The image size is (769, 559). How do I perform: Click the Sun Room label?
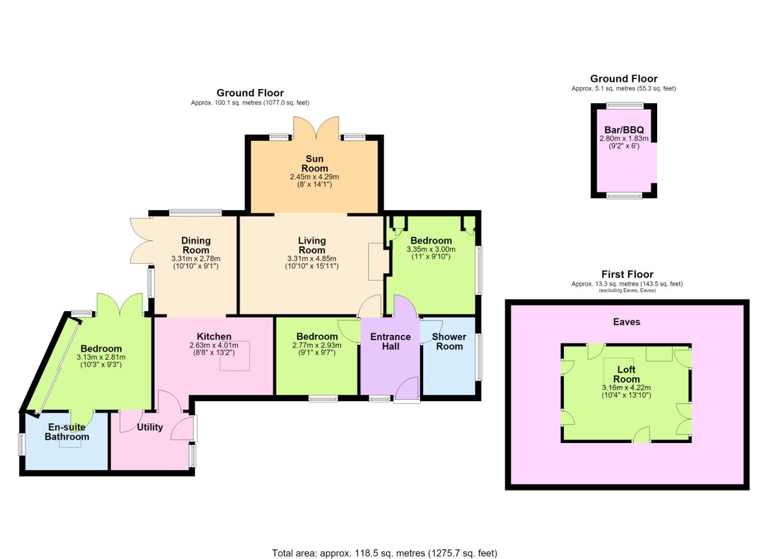[x=314, y=164]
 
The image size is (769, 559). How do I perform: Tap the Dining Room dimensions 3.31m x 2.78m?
[x=196, y=259]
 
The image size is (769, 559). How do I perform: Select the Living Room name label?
[x=312, y=245]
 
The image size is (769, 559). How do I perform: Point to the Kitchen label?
[x=214, y=336]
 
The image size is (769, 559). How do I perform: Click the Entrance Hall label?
[x=390, y=342]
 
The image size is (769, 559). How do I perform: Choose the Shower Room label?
[x=449, y=342]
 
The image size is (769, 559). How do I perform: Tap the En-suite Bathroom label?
[x=67, y=432]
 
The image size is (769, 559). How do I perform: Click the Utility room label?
[x=150, y=427]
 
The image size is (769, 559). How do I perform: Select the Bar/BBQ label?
[x=624, y=130]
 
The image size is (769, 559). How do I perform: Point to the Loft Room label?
[x=627, y=374]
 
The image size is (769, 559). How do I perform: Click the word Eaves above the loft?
[x=627, y=322]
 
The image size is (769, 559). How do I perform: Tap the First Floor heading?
[x=627, y=274]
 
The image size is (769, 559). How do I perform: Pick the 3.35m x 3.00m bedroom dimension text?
[x=431, y=249]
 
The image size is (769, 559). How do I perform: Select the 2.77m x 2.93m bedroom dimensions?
[x=317, y=345]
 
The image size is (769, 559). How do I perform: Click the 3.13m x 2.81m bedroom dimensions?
[x=101, y=357]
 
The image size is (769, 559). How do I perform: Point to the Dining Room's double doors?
[x=141, y=240]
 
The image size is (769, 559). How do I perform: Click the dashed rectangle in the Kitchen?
[x=235, y=356]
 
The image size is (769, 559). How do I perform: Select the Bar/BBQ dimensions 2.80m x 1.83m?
[x=624, y=139]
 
